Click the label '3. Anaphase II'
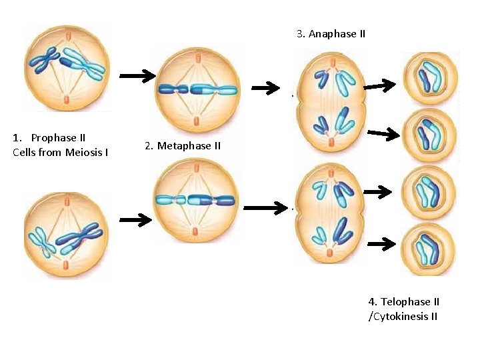(331, 33)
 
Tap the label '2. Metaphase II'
(182, 145)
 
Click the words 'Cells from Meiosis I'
(60, 153)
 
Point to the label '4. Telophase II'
(403, 302)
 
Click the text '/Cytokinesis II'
(403, 316)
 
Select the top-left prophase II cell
(65, 67)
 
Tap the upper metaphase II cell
(197, 87)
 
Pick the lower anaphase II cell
(331, 213)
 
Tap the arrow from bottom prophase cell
(137, 219)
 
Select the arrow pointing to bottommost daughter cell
(381, 244)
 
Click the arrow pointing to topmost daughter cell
(379, 85)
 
